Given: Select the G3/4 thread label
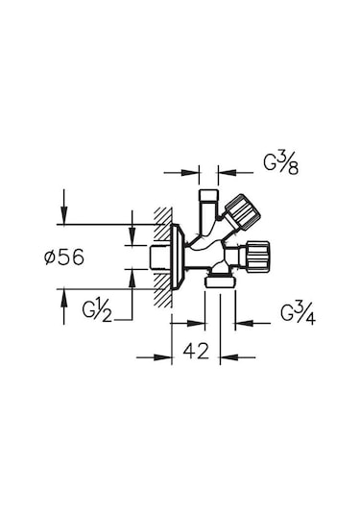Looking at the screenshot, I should (x=298, y=314).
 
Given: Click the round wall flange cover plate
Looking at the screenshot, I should (x=178, y=257).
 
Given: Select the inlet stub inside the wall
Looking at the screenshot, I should (x=158, y=257).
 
